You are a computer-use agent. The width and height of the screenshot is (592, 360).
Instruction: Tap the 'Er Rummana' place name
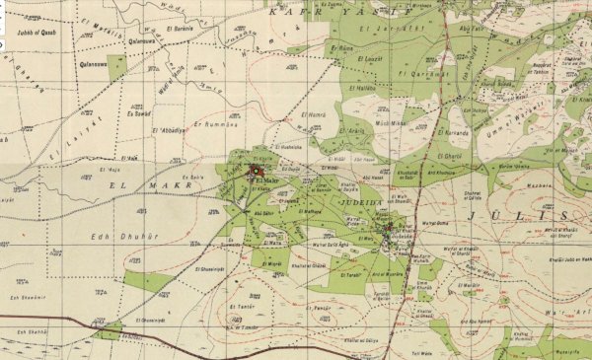[216, 124]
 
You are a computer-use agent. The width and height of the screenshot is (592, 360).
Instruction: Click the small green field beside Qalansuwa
[117, 67]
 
